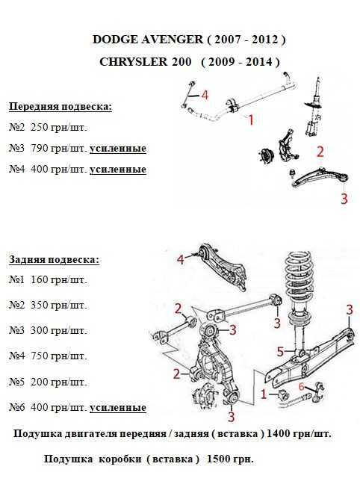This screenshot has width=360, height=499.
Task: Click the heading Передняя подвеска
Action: [x=60, y=107]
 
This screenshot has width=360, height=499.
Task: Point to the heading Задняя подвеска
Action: [x=54, y=260]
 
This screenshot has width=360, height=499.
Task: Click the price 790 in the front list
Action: [x=39, y=149]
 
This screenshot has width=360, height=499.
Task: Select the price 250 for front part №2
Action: [x=39, y=127]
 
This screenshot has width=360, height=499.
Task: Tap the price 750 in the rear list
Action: [x=39, y=356]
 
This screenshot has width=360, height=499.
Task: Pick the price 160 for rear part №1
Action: [x=39, y=279]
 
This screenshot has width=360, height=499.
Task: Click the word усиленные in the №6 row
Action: [x=118, y=408]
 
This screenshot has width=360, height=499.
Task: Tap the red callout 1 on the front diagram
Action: [x=251, y=120]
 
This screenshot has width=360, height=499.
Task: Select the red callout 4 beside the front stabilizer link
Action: [x=205, y=95]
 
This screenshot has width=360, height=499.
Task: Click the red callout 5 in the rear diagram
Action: [x=280, y=352]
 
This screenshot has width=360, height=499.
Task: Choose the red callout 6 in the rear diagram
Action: [x=302, y=387]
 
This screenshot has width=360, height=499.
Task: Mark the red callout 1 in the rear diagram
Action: [x=264, y=394]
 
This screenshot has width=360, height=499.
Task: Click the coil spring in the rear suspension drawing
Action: [x=300, y=275]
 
